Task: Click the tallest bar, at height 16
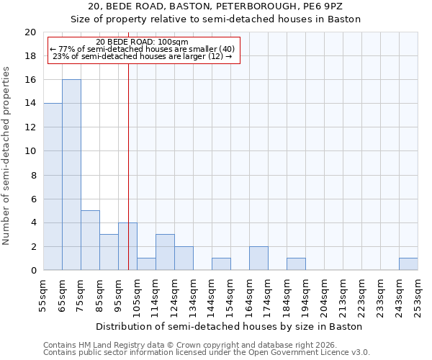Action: point(71,175)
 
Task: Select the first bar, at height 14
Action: point(53,186)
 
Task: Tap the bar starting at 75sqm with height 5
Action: point(90,240)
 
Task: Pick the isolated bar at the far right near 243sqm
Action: point(408,264)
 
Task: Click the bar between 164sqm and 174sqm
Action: point(258,258)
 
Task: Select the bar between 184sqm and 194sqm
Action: point(296,264)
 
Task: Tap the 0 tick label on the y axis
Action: point(33,271)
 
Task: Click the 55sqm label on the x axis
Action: point(44,295)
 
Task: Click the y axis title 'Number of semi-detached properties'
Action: point(6,156)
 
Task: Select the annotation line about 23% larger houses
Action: point(143,56)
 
